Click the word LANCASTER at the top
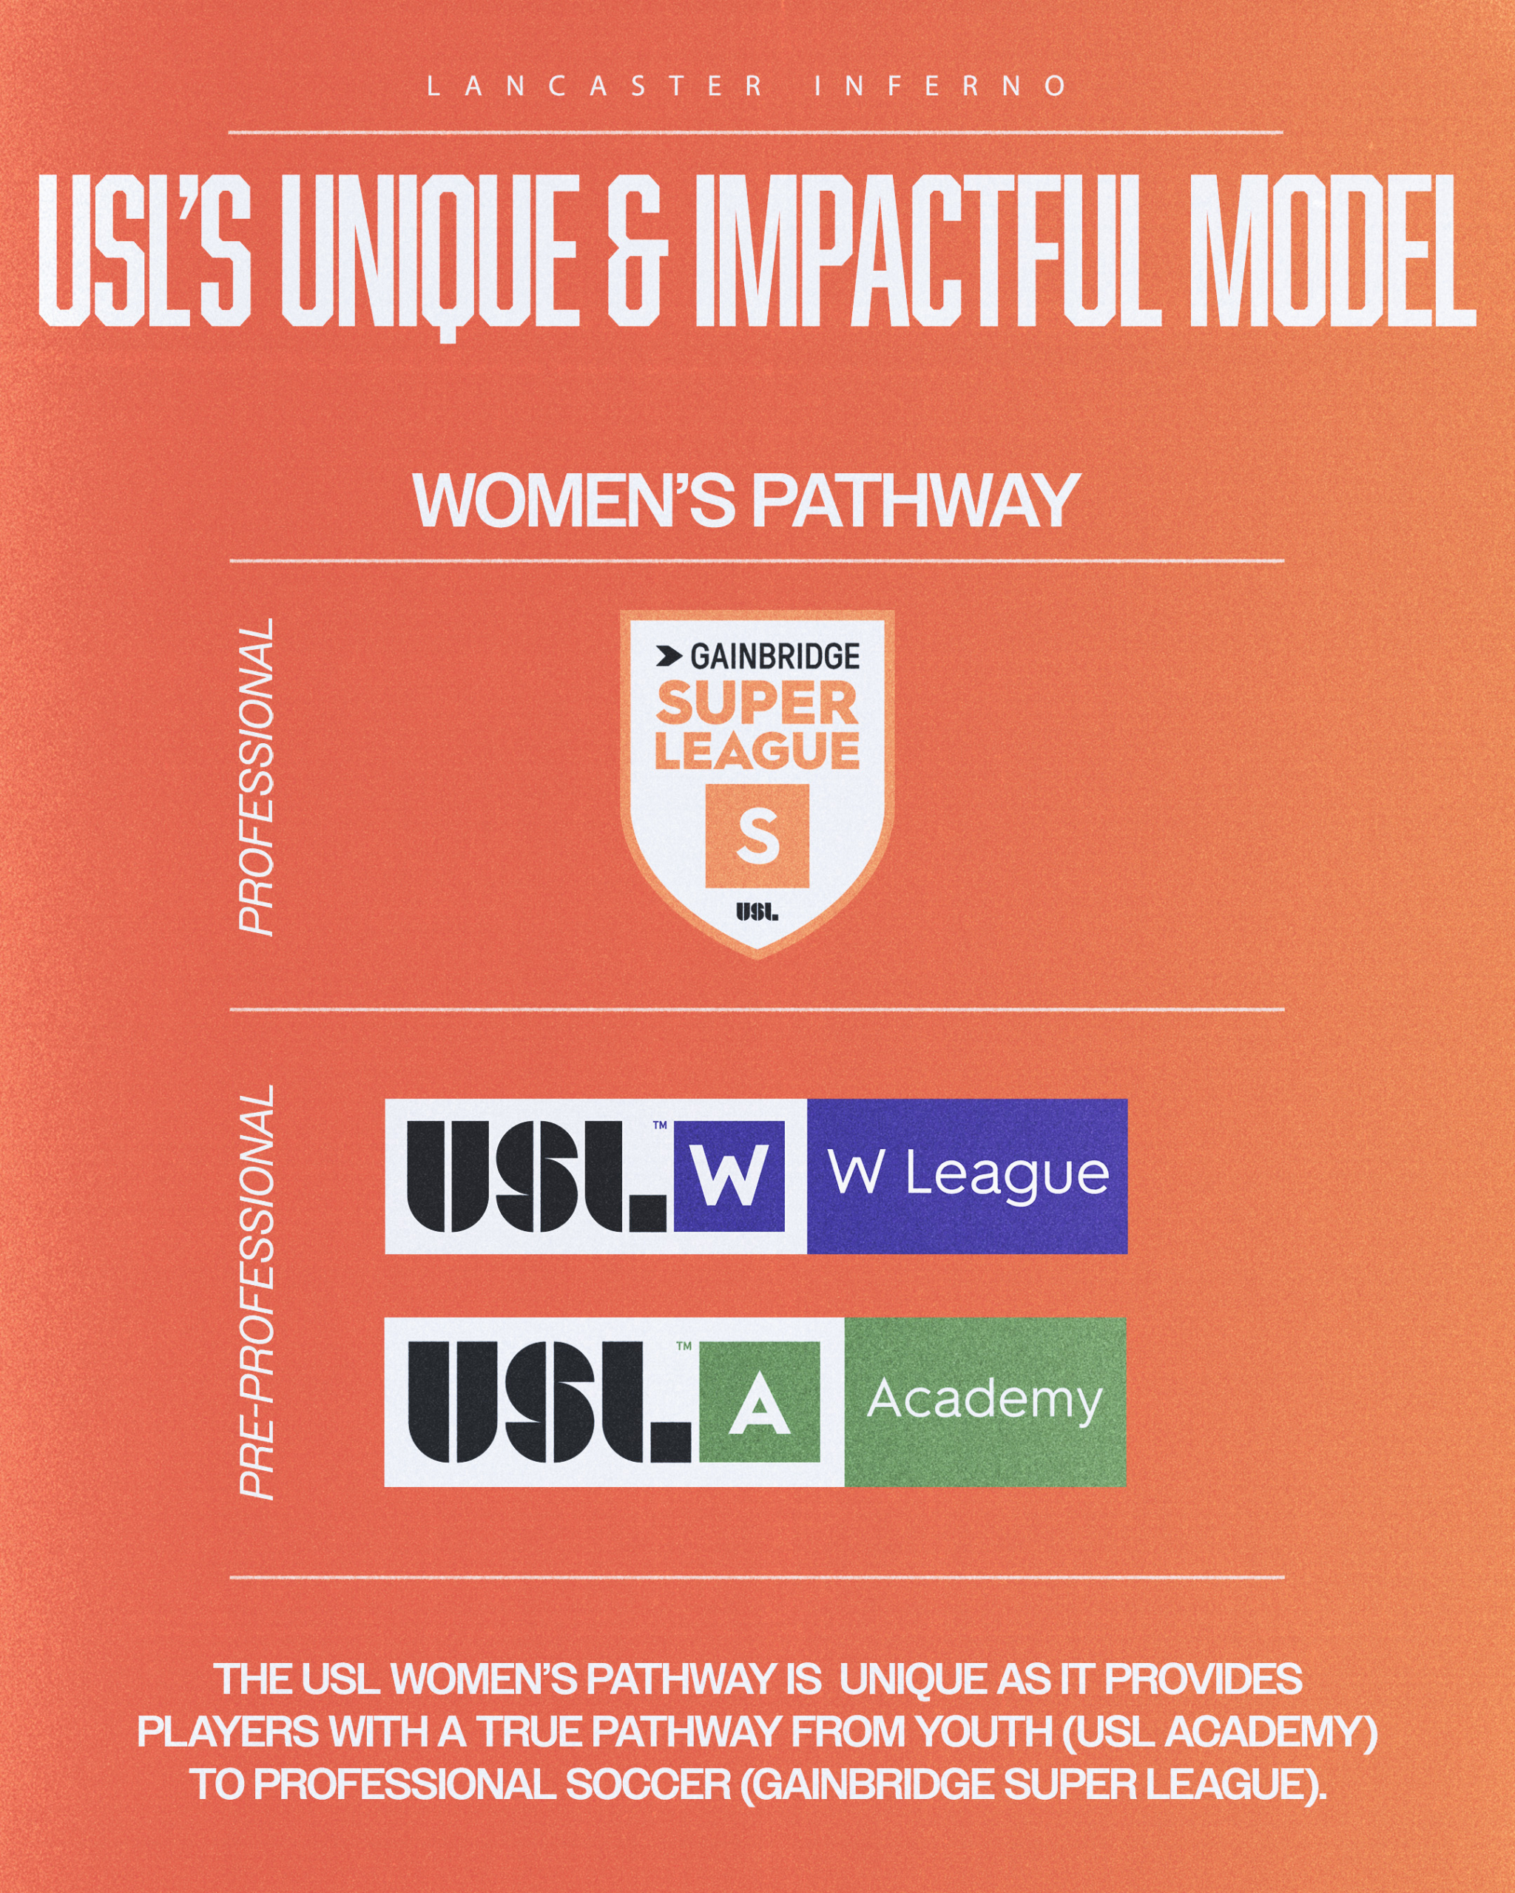(595, 86)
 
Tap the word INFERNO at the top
(941, 86)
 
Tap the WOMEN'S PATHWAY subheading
(746, 501)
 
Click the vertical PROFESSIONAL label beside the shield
(257, 776)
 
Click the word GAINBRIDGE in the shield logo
(775, 656)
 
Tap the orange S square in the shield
(757, 835)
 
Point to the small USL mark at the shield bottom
(757, 912)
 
